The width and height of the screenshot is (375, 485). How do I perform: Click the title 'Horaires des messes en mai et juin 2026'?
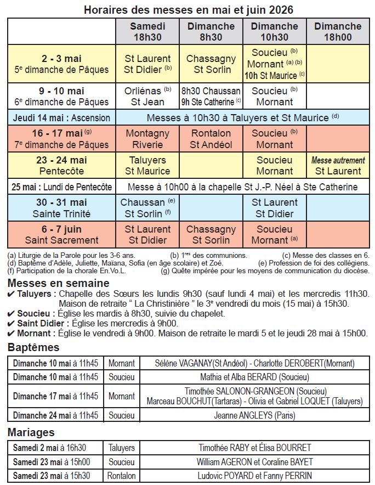[x=188, y=10]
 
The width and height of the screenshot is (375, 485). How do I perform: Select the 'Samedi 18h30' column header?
[x=147, y=31]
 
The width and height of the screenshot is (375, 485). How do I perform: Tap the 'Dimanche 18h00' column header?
[x=338, y=31]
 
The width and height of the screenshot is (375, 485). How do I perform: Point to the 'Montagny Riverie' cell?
[x=147, y=139]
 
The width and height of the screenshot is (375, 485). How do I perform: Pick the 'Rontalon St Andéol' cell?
[x=211, y=139]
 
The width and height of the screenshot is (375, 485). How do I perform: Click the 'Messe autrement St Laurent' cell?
[x=338, y=166]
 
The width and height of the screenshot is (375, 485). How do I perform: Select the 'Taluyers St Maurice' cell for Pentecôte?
[x=147, y=166]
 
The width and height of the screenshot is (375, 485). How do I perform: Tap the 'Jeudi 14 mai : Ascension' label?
[x=61, y=118]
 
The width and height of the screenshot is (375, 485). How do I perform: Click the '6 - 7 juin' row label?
[x=61, y=234]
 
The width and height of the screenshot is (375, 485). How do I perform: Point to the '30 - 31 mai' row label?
[x=61, y=208]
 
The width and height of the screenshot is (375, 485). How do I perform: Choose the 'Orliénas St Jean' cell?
[x=147, y=96]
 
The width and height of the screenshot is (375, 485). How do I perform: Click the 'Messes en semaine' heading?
[x=58, y=283]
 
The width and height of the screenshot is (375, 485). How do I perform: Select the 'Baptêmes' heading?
[x=33, y=347]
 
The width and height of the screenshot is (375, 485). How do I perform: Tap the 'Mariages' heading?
[x=31, y=432]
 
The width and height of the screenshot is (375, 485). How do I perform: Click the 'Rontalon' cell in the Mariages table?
[x=121, y=476]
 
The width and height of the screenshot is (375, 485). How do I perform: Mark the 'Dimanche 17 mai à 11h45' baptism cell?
[x=55, y=396]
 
